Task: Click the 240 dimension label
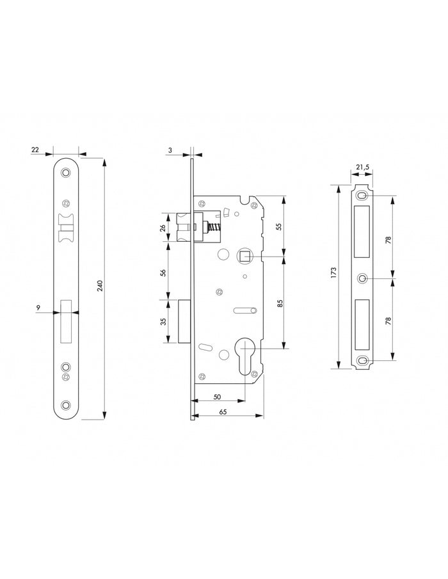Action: point(100,286)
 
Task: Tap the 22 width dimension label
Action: point(35,150)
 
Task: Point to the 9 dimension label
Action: point(38,307)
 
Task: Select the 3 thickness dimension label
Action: point(170,150)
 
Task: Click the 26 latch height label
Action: point(163,228)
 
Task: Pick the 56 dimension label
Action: point(163,273)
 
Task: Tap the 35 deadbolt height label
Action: point(163,321)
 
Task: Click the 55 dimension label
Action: point(279,226)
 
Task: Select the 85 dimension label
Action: point(280,303)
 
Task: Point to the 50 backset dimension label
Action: point(217,397)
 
